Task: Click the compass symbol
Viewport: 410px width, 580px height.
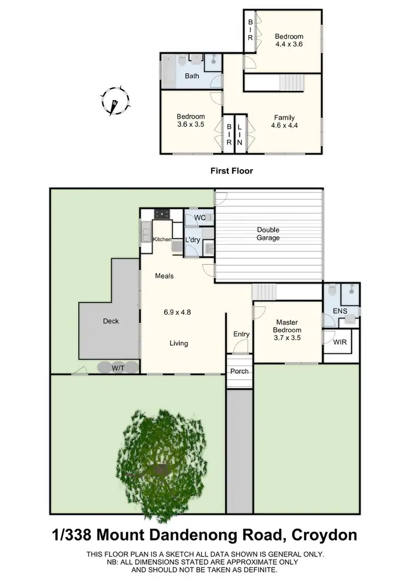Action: tap(115, 101)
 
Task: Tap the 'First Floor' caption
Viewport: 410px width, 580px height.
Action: tap(232, 171)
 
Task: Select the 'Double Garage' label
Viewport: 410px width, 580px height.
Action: tap(268, 234)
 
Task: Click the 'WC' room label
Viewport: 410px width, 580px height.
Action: tap(200, 218)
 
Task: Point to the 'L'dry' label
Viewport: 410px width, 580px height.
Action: tap(192, 240)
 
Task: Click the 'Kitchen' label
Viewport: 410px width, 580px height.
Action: tap(162, 240)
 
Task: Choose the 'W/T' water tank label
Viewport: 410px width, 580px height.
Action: tap(118, 369)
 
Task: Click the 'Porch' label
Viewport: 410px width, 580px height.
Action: tap(239, 371)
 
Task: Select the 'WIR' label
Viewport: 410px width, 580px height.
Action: tap(338, 342)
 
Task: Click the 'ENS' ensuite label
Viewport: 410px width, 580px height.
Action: tap(341, 311)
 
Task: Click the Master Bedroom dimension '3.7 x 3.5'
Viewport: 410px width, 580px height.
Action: tap(288, 338)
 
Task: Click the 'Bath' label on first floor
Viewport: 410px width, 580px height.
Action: tap(191, 76)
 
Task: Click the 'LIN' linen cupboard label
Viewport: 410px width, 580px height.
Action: tap(239, 134)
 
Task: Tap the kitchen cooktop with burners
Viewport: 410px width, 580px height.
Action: tap(162, 213)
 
